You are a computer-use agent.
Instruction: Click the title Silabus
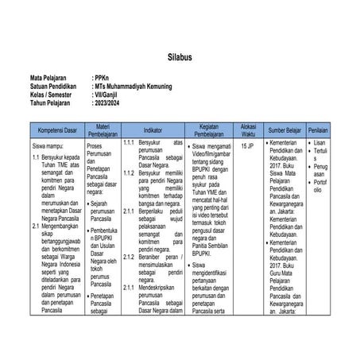[180, 60]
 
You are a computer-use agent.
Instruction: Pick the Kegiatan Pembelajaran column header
[209, 128]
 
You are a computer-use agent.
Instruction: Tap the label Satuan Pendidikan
[53, 87]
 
